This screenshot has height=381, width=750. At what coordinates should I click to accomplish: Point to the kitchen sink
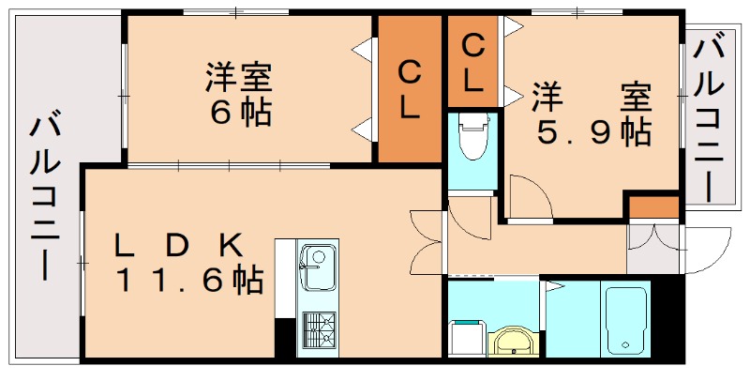(318, 265)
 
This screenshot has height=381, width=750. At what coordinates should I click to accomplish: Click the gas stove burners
(319, 328)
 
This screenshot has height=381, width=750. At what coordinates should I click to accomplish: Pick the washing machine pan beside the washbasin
(466, 336)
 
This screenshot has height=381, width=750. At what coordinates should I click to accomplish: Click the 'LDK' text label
(178, 246)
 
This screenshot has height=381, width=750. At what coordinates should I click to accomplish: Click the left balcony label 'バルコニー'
(45, 197)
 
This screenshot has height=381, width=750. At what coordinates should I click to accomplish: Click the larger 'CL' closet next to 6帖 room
(409, 90)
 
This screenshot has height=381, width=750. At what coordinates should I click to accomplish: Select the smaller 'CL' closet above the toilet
(473, 62)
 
